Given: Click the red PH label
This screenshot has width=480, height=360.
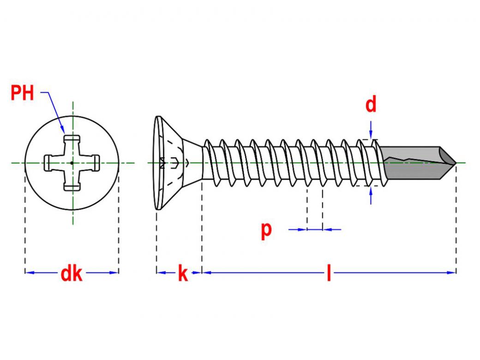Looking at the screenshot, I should (22, 93).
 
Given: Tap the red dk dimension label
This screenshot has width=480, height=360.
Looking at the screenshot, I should (71, 274).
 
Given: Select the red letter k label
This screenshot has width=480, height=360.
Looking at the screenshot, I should (183, 274).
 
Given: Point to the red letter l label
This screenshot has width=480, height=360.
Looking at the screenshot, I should (329, 274).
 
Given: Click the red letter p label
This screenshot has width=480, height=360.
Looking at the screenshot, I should (266, 229).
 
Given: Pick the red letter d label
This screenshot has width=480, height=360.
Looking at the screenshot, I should (371, 105).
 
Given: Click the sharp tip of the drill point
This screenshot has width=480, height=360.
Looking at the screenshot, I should (456, 163).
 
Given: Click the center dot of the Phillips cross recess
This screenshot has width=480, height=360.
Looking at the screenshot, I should (72, 162).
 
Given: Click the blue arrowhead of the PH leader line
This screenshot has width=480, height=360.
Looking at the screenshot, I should (64, 130).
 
